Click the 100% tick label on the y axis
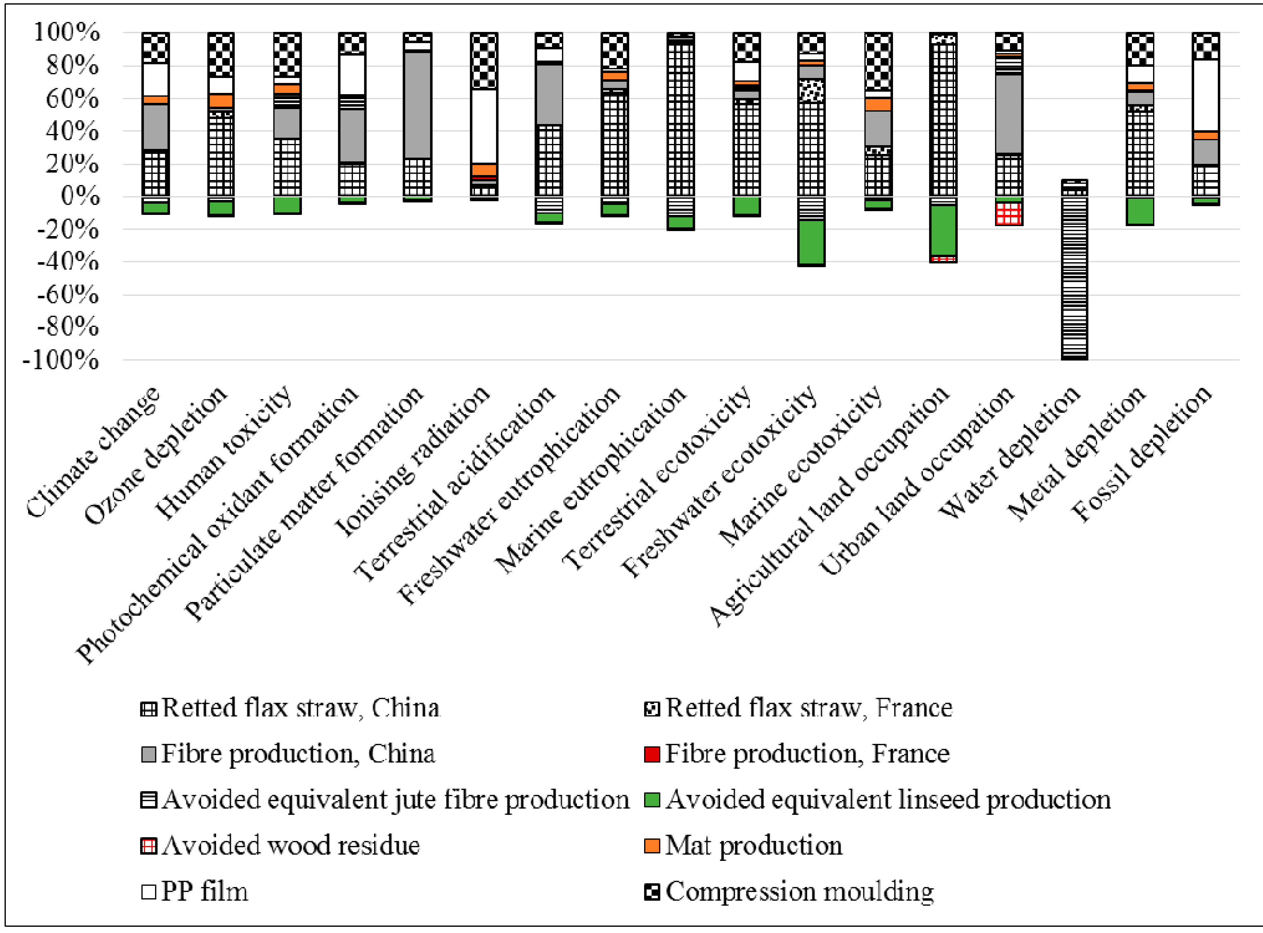pyautogui.click(x=67, y=32)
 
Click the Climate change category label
pyautogui.click(x=93, y=452)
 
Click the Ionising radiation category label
pyautogui.click(x=413, y=460)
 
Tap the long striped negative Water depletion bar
pyautogui.click(x=1074, y=277)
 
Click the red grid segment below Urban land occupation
pyautogui.click(x=1008, y=214)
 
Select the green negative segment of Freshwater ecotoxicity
pyautogui.click(x=811, y=242)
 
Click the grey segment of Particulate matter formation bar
pyautogui.click(x=418, y=105)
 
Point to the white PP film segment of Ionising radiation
pyautogui.click(x=484, y=125)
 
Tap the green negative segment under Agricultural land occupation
pyautogui.click(x=943, y=230)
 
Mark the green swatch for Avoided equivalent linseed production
pyautogui.click(x=652, y=800)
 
